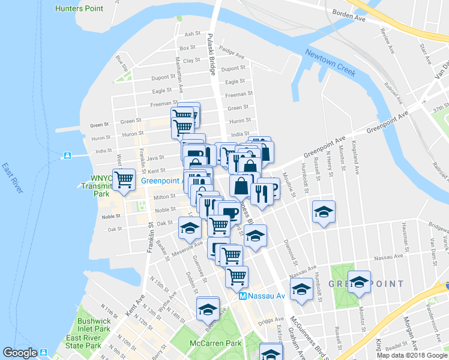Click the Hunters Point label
78,8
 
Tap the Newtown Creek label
330,62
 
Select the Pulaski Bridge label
211,53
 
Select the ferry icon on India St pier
67,156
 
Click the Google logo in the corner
20,353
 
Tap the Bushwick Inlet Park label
94,325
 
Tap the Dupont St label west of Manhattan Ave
163,77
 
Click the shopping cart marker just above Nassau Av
237,277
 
